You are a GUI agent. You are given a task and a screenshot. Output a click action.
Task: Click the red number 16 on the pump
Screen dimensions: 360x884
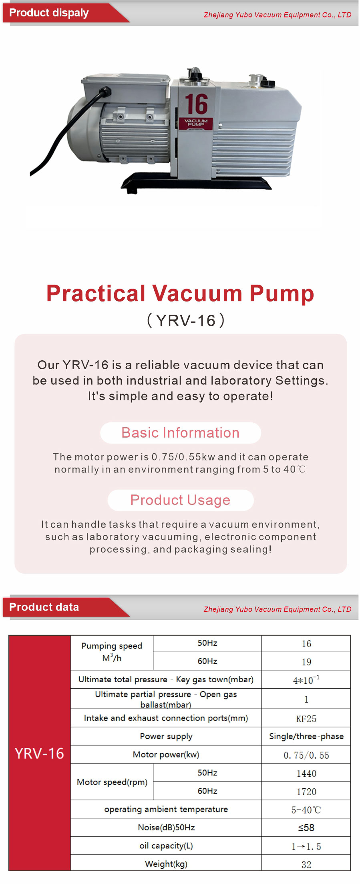tap(196, 104)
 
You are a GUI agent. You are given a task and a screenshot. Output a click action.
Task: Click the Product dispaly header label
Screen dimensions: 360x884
tap(49, 13)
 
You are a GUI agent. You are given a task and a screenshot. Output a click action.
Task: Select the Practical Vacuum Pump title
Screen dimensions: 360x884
tap(180, 293)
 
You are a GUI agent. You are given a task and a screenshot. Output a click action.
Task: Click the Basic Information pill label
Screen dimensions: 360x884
tap(180, 433)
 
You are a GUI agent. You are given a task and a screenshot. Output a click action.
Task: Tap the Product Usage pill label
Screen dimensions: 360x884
tap(180, 500)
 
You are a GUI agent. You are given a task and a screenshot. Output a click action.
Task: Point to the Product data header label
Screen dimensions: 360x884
tap(44, 607)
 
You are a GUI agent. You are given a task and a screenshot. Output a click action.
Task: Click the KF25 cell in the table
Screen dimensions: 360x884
tap(306, 719)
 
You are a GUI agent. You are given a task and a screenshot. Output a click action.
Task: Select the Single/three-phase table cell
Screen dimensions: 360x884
tap(306, 736)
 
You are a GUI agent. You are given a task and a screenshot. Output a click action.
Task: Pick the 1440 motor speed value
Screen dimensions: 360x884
tap(306, 773)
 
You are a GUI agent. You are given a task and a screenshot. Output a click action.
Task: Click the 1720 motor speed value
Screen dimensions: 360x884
tap(306, 792)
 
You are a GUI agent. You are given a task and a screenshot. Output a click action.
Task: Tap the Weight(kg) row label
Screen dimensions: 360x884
tap(166, 864)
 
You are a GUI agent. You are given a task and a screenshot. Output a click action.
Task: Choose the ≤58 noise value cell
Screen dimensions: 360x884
tap(306, 828)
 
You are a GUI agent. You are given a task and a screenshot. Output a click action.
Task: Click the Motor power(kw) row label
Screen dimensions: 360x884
tap(166, 754)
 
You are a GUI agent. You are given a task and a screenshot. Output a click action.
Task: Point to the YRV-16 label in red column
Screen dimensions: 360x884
tap(39, 753)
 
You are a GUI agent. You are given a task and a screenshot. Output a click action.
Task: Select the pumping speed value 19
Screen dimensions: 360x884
tap(306, 662)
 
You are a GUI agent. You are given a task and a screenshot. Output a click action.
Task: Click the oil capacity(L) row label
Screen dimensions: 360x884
tap(166, 846)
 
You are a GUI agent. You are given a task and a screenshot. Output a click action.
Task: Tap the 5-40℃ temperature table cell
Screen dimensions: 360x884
tap(306, 810)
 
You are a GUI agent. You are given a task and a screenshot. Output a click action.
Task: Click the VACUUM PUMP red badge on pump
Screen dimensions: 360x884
tap(196, 123)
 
